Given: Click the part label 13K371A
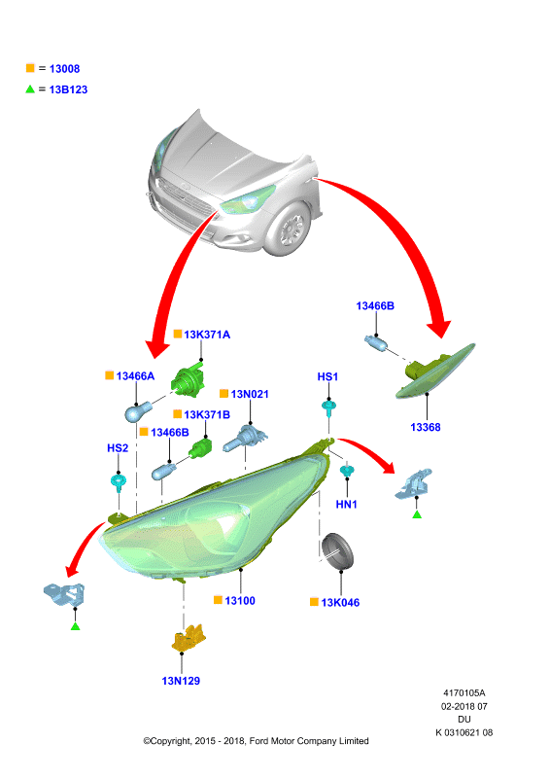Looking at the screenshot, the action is click(x=207, y=335).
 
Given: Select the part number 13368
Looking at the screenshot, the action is click(x=425, y=427).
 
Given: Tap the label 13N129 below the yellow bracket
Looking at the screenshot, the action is click(x=181, y=681).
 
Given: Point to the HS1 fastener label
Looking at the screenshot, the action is click(x=327, y=377).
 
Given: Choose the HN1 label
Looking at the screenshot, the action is click(x=346, y=505).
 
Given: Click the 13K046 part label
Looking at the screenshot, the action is click(x=340, y=602).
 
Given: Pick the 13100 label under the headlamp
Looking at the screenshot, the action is click(x=240, y=601).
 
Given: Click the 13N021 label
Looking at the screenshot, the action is click(x=250, y=395).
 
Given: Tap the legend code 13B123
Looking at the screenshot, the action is click(x=68, y=89).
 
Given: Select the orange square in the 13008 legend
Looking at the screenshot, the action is click(x=30, y=68).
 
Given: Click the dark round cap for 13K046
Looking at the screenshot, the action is click(x=337, y=551).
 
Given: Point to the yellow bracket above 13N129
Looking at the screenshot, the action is click(x=189, y=638).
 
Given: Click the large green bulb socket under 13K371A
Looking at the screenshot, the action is click(x=188, y=380).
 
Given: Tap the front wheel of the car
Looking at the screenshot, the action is click(x=290, y=230).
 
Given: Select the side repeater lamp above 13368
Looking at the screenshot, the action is click(x=435, y=371).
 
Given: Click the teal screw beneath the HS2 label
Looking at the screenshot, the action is click(x=119, y=481).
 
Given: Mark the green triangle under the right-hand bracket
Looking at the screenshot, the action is click(x=417, y=514).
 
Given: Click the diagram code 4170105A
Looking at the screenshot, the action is click(x=464, y=693).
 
